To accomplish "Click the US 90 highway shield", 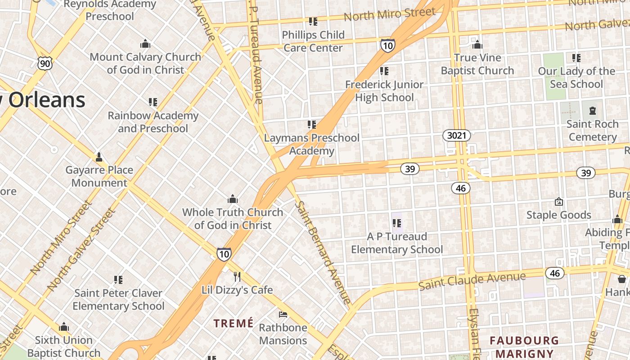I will [x=45, y=63].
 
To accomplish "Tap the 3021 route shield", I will [x=456, y=135].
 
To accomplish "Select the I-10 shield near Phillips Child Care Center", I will [x=387, y=45].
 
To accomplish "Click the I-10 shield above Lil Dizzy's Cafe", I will [x=224, y=254].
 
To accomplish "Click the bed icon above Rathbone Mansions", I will [x=283, y=314].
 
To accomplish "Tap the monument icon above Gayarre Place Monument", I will [x=99, y=157].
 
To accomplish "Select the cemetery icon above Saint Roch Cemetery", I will [x=592, y=110].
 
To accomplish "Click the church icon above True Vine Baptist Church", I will [x=477, y=45].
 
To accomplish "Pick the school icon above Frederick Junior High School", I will [x=384, y=71].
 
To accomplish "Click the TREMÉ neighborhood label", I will [x=234, y=323].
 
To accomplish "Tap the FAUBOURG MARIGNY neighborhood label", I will [x=524, y=347].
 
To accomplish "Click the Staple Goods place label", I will [x=559, y=215].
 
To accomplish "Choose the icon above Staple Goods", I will [x=559, y=202].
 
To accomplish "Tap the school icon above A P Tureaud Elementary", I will [x=396, y=223].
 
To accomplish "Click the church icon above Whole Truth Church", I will [x=233, y=199].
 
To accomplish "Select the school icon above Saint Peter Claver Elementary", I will [x=118, y=280].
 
